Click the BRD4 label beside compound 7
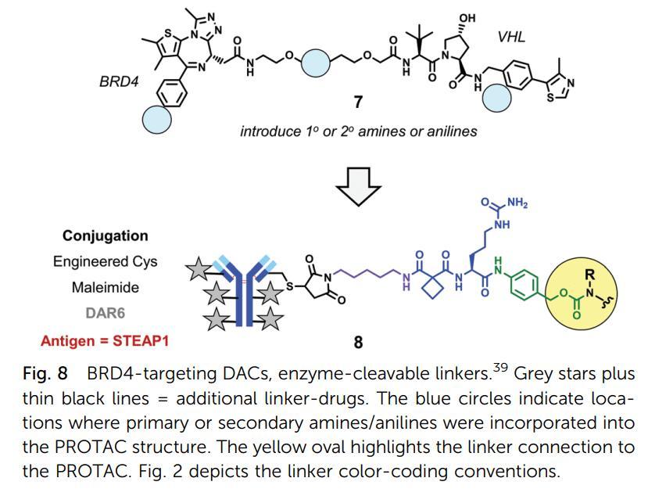[120, 81]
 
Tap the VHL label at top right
[511, 37]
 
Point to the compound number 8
[358, 342]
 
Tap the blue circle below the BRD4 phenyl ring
[156, 119]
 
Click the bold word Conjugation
[105, 235]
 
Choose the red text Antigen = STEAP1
[105, 340]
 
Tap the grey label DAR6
[105, 314]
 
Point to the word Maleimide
[105, 287]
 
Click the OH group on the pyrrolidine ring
[467, 18]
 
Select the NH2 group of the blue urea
[517, 203]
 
